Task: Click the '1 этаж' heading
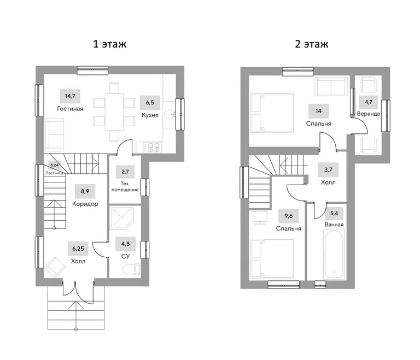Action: pos(109,44)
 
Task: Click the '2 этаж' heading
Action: pos(312,44)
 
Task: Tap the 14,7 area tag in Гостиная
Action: pos(70,96)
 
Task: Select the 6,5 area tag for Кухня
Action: pos(150,103)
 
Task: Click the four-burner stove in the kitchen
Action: pos(151,147)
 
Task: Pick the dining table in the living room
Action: pos(114,112)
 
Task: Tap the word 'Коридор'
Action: pos(85,204)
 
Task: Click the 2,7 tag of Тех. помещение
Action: pos(125,172)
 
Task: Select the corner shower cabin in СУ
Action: pos(121,218)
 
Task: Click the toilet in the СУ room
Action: pos(131,269)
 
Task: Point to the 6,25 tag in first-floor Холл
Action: pos(78,249)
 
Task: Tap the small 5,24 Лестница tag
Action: pos(55,165)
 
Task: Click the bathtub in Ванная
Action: pos(334,255)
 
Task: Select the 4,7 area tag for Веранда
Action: pos(369,102)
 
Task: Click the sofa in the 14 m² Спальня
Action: pos(331,86)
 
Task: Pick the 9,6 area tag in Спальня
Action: pos(289,216)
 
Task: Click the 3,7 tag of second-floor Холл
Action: pos(328,170)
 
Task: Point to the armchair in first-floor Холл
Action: pos(55,267)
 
